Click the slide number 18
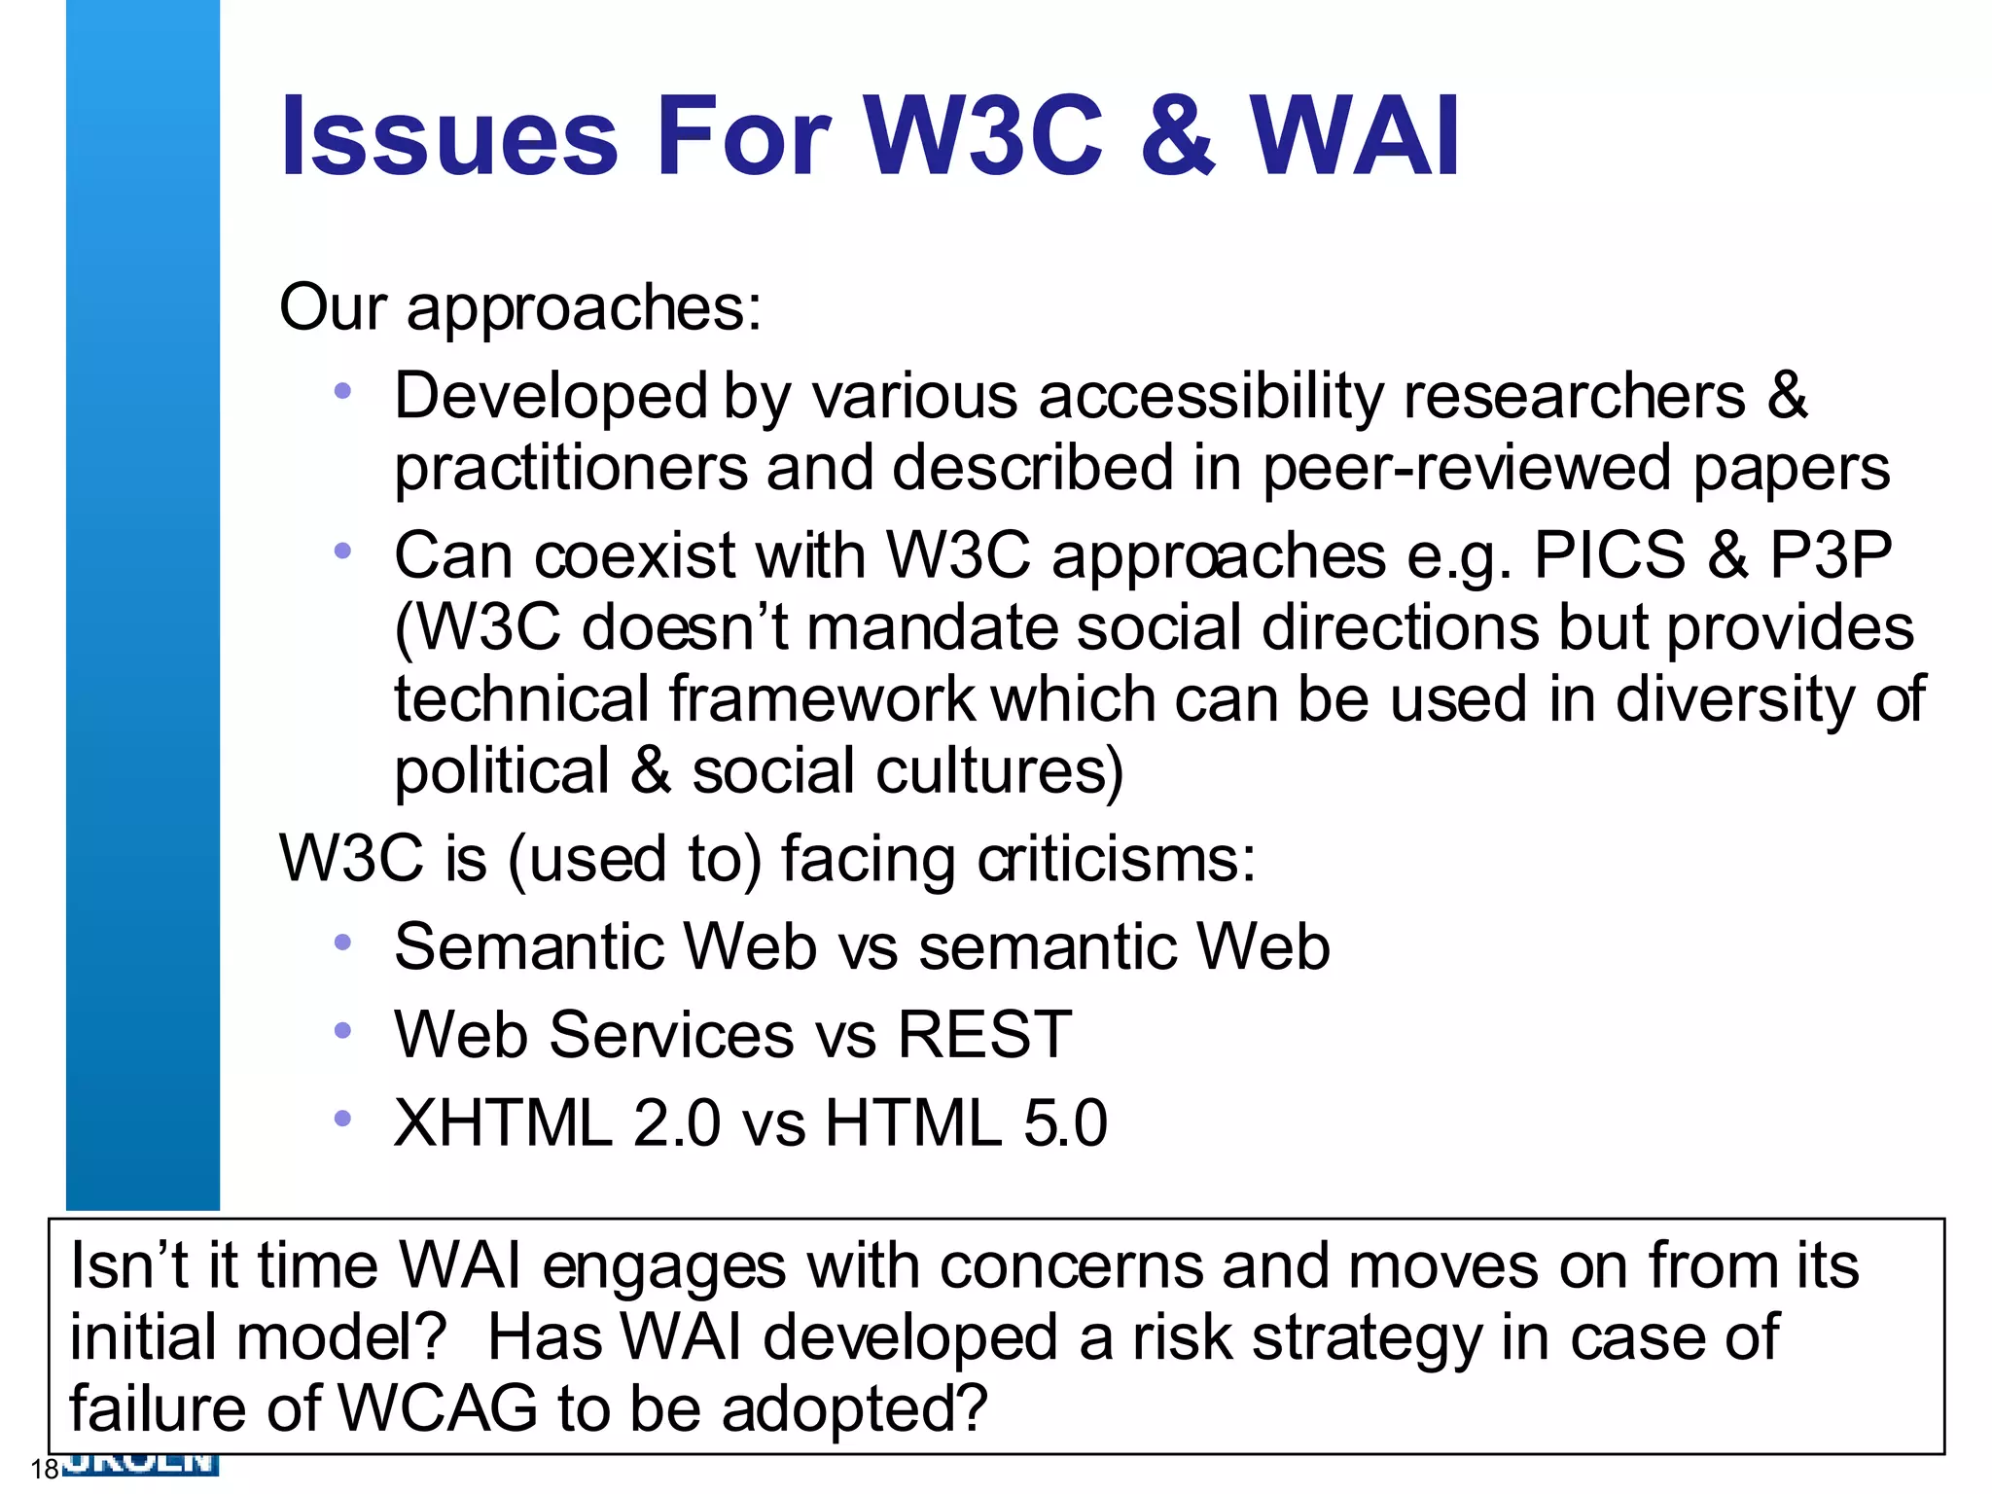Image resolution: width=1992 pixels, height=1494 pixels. (x=45, y=1469)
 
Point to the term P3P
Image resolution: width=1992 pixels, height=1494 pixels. (x=1830, y=556)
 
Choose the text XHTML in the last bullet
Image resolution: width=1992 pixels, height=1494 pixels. (x=502, y=1123)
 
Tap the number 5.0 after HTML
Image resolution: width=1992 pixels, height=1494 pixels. (x=1065, y=1123)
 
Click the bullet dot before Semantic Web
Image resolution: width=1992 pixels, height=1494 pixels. (x=341, y=943)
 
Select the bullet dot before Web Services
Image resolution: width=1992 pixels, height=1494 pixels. (x=341, y=1031)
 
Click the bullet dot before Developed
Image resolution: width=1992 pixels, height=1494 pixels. (x=341, y=392)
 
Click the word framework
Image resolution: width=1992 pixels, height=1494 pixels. (x=823, y=699)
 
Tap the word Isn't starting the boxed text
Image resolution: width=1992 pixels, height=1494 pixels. (x=128, y=1266)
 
